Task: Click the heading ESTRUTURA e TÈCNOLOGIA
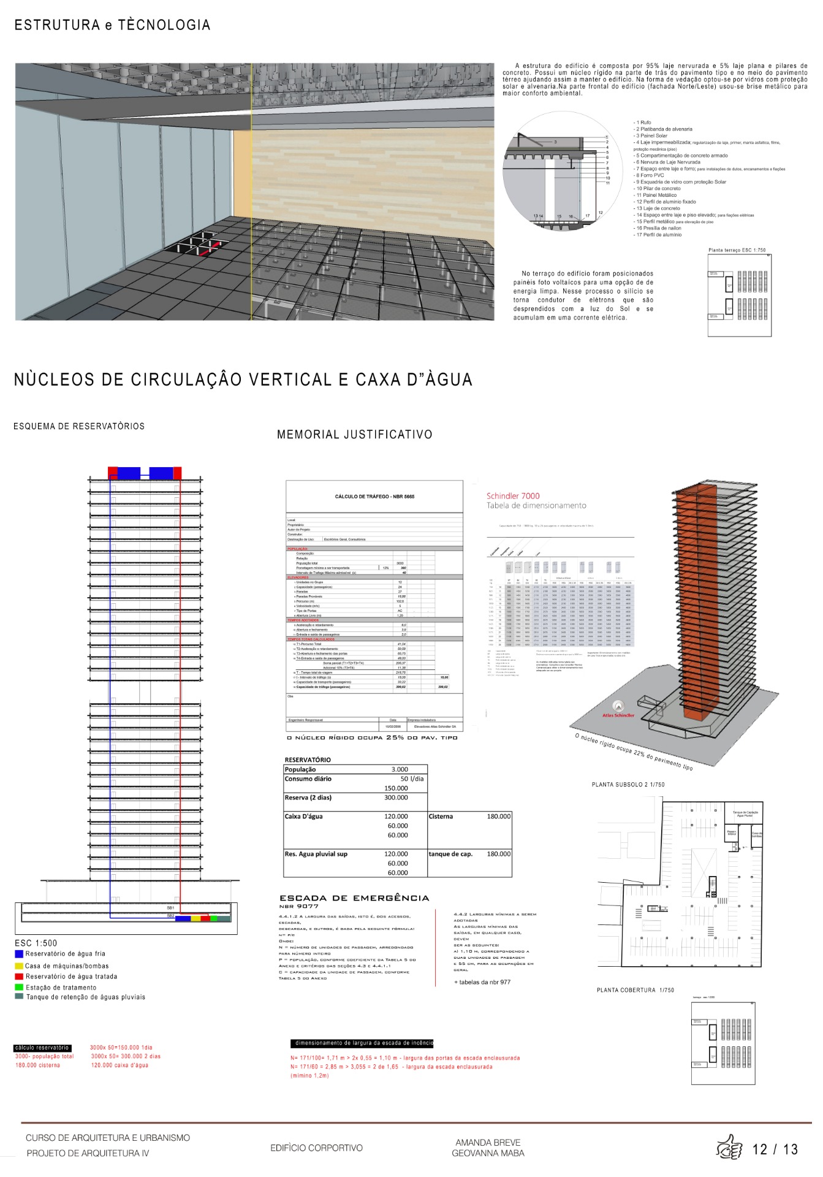tap(112, 25)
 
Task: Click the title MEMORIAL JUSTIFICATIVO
tap(354, 435)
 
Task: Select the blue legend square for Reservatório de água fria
tap(19, 954)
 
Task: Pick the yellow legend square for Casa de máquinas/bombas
tap(19, 966)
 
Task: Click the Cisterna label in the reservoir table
tap(441, 817)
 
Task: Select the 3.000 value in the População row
tap(400, 769)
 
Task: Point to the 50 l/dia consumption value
tap(412, 779)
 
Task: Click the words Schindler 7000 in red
tap(513, 496)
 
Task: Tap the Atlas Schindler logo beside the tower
tap(618, 708)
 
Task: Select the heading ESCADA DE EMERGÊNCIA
tap(354, 898)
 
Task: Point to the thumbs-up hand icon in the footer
tap(729, 1148)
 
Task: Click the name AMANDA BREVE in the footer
tap(488, 1143)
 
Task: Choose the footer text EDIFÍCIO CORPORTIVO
tap(316, 1148)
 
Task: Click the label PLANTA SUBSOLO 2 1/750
tap(628, 785)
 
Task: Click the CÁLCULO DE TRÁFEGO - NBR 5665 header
tap(374, 497)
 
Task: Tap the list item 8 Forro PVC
tap(650, 175)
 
